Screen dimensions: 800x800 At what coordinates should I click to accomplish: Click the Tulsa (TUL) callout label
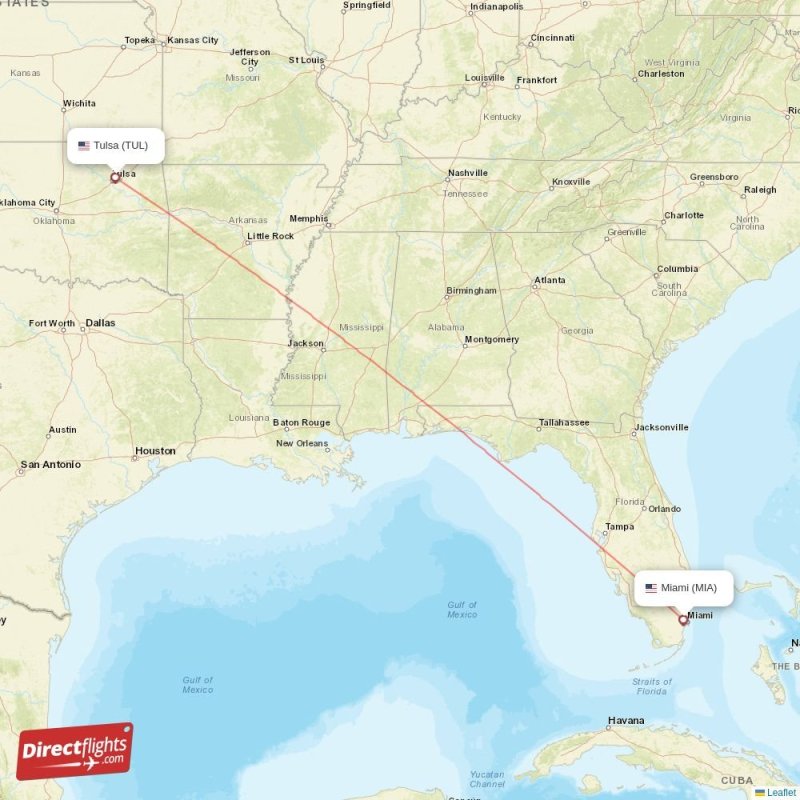[114, 146]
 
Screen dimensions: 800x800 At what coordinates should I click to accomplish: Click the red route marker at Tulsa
[115, 178]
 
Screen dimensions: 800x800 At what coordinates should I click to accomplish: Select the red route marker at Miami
[683, 620]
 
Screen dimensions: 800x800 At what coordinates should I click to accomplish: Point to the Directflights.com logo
[75, 751]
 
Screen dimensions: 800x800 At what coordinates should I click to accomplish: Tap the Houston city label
[155, 451]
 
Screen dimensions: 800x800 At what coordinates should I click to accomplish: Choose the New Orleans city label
[302, 443]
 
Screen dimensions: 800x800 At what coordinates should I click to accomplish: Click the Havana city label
[626, 720]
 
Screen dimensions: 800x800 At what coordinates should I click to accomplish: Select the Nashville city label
[467, 173]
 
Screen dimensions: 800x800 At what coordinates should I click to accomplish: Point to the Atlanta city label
[549, 281]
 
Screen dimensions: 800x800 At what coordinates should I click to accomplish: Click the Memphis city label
[308, 218]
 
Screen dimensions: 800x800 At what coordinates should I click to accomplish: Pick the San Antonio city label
[51, 465]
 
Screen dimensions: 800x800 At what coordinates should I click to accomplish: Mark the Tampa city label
[619, 527]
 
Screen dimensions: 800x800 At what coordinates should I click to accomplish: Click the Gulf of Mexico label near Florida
[462, 609]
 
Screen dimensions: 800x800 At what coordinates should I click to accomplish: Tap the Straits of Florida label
[651, 686]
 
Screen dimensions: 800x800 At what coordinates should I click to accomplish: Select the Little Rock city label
[271, 236]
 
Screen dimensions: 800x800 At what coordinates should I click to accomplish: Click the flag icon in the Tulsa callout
[84, 146]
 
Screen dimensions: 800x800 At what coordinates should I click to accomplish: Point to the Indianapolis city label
[496, 6]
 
